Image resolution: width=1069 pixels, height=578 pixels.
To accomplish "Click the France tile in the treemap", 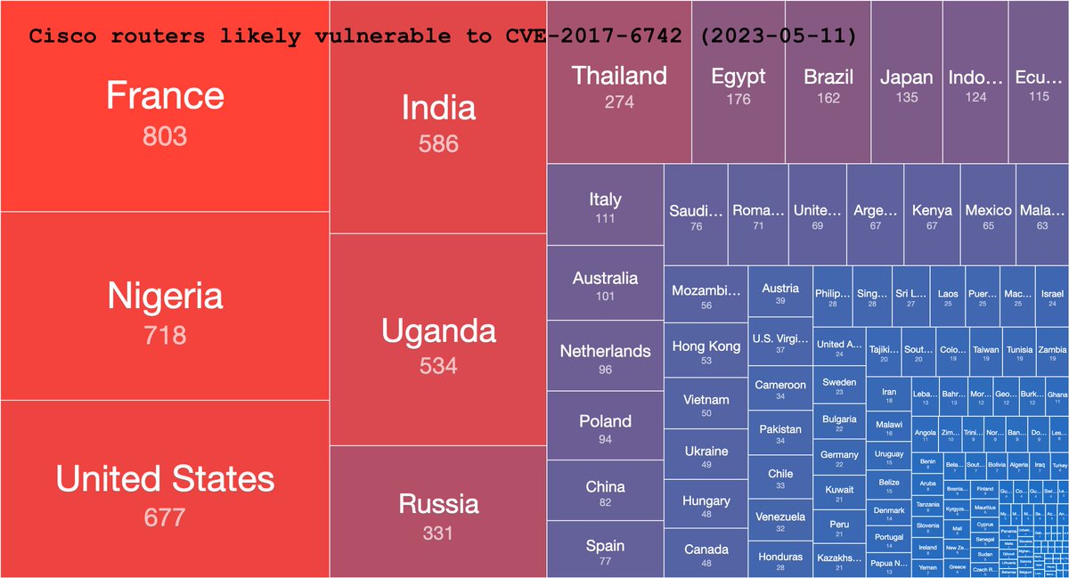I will [x=165, y=111].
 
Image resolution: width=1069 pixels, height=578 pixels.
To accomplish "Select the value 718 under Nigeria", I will [x=165, y=336].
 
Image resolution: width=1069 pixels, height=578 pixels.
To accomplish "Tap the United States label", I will [x=165, y=479].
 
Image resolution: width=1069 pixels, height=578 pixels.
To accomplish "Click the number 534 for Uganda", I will [x=438, y=365].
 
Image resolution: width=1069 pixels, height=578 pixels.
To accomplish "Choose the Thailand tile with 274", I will [x=619, y=86].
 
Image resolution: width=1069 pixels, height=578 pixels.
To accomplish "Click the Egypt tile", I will [x=738, y=86].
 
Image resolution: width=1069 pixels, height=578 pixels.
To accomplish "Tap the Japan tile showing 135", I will [x=906, y=86].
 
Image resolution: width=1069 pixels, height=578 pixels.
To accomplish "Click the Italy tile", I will [x=605, y=207].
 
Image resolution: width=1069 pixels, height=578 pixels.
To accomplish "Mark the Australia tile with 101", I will [x=605, y=285].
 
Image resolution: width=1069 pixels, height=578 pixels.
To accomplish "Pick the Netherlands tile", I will [x=605, y=358].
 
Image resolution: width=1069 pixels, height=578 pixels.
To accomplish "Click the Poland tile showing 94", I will [x=605, y=427].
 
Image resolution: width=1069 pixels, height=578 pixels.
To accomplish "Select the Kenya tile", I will [x=932, y=217].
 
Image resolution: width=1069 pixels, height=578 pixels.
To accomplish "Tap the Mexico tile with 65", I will [x=988, y=217].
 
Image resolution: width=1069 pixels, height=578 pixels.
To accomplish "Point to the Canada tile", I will [x=706, y=555].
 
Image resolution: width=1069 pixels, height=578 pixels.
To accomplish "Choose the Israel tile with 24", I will [x=1052, y=297].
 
